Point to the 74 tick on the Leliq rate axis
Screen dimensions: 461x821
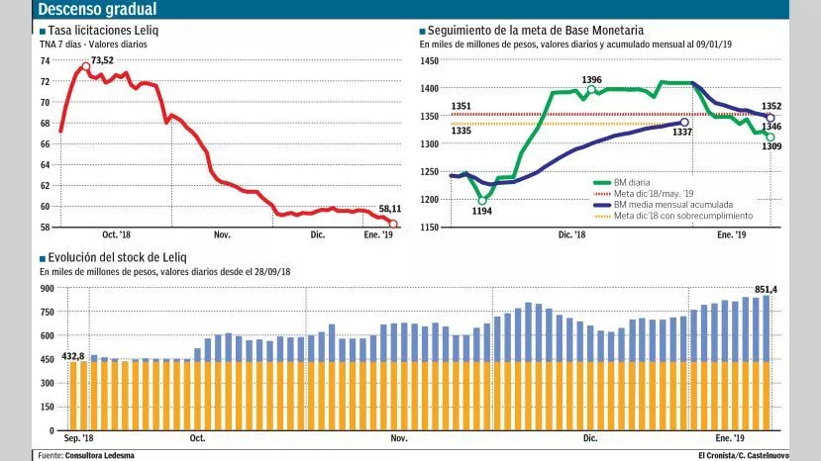click(45, 60)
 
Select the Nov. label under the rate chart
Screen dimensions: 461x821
click(222, 234)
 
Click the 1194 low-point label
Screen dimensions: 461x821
click(481, 211)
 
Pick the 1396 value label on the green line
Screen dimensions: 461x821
click(592, 79)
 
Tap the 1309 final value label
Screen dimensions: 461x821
click(772, 147)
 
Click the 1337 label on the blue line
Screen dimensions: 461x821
click(682, 134)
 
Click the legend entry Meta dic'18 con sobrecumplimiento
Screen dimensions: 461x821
click(683, 216)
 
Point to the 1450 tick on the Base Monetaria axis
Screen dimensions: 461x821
click(429, 60)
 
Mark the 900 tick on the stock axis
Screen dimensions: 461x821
click(47, 288)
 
